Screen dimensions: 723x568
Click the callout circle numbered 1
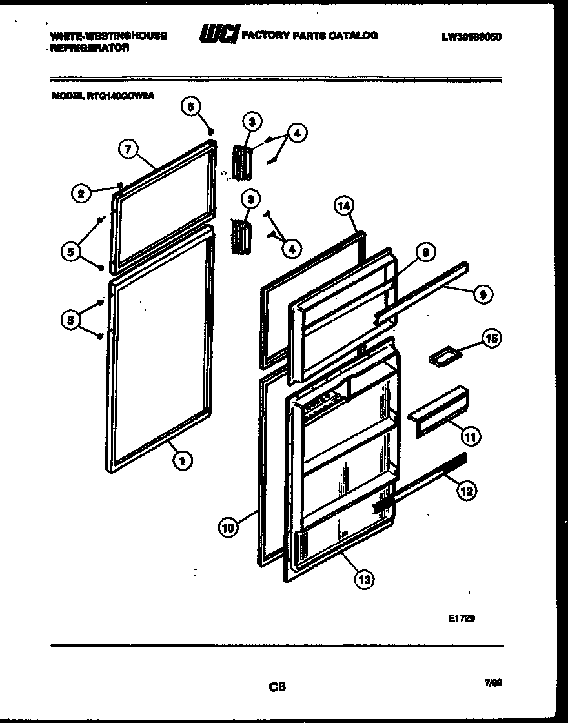tap(183, 460)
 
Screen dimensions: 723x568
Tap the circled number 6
tap(190, 107)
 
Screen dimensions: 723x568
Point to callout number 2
tap(81, 193)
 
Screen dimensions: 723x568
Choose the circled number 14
tap(344, 206)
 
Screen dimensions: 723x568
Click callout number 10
tap(228, 527)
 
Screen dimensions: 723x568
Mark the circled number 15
tap(492, 339)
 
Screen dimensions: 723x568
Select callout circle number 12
tap(467, 491)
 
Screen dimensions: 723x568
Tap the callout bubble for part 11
tap(471, 437)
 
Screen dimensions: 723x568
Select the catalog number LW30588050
tap(471, 37)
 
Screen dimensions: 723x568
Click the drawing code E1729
tap(462, 618)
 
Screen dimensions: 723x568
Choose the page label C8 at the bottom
tap(278, 687)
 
